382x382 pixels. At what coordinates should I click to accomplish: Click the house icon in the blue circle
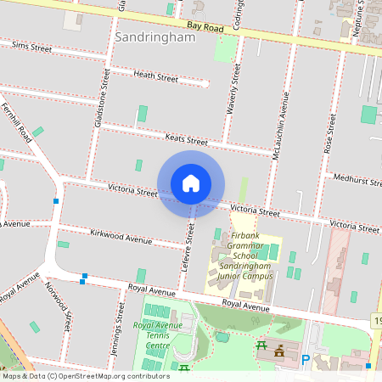click(191, 183)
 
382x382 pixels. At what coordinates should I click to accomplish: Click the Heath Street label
click(155, 77)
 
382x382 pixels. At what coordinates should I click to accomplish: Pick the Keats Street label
click(186, 139)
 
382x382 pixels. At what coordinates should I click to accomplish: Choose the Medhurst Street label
click(357, 179)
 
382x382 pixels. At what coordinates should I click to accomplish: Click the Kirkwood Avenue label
click(121, 239)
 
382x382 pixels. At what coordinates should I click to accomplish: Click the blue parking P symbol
click(306, 360)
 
